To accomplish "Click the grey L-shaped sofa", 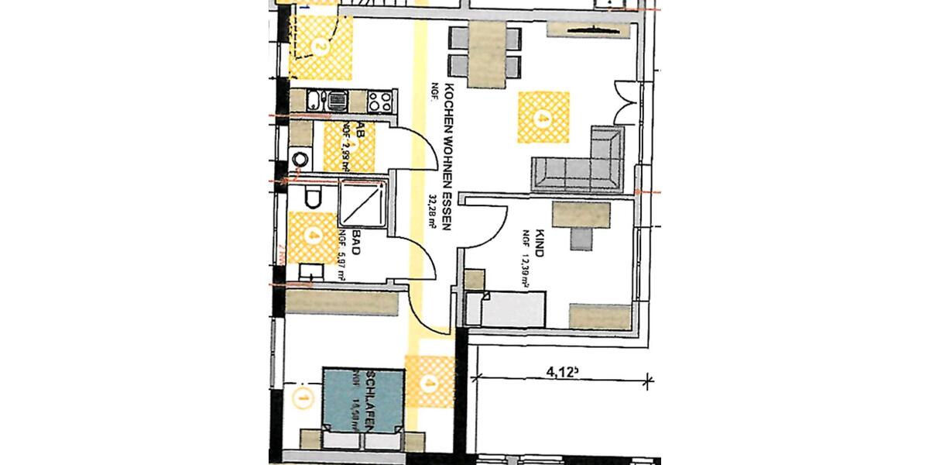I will [581, 162].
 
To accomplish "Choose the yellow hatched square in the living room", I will [543, 116].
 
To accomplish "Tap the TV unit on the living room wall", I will [592, 30].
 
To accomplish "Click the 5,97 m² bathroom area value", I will [341, 263].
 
